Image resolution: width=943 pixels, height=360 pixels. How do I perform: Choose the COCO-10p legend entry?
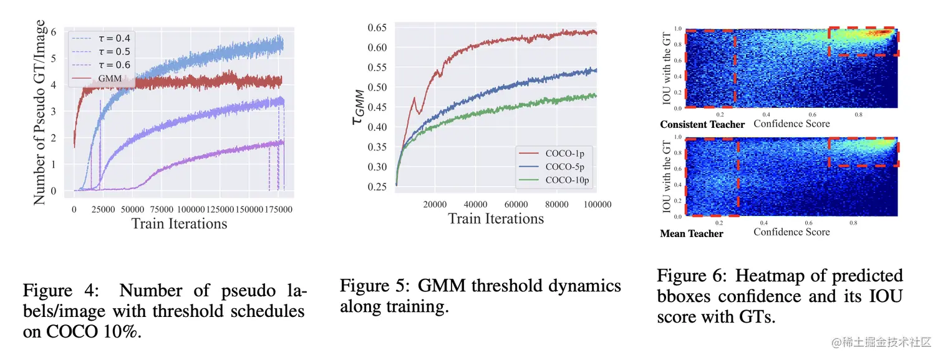561,180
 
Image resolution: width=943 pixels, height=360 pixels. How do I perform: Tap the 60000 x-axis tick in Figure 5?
516,204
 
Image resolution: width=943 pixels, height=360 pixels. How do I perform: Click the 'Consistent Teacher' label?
702,124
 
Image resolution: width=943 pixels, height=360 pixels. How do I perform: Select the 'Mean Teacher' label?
692,233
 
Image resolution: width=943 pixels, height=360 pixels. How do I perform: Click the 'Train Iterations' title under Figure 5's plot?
496,219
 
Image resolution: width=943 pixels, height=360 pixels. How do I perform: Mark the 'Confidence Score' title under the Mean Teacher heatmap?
791,232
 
